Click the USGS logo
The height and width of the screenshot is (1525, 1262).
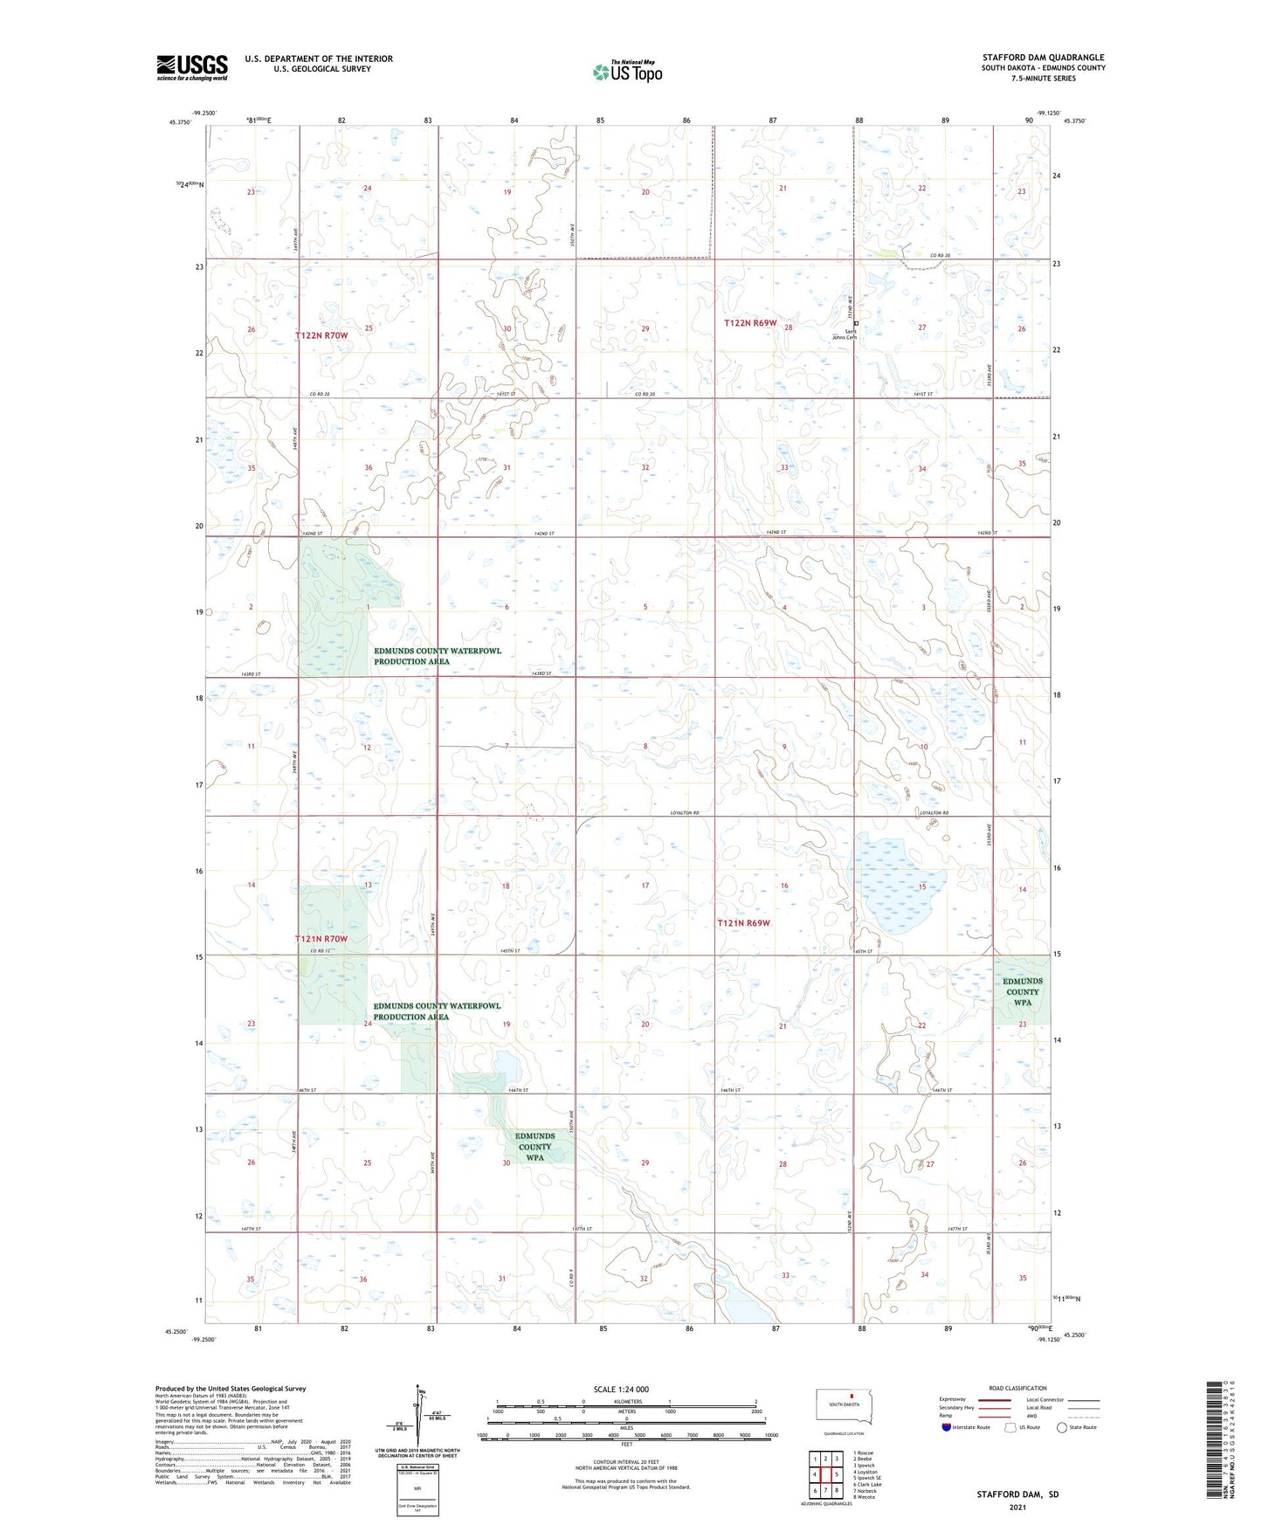(192, 66)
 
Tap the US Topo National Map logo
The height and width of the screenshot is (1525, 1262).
(626, 71)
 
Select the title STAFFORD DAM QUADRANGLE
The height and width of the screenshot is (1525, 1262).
(1043, 58)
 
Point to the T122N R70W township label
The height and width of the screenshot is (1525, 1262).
(321, 335)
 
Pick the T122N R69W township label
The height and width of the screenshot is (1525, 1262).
(749, 323)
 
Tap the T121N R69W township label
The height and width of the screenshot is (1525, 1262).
(743, 923)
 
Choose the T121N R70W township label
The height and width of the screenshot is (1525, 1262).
(321, 939)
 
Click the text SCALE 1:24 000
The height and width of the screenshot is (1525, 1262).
(621, 1390)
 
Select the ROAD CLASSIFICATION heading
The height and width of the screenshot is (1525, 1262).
(1017, 1388)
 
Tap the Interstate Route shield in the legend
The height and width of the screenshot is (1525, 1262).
(947, 1427)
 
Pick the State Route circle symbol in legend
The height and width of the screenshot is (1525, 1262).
(1062, 1427)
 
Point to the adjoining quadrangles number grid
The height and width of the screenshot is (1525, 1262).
(825, 1477)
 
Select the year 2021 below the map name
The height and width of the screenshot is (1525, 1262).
(1017, 1507)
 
